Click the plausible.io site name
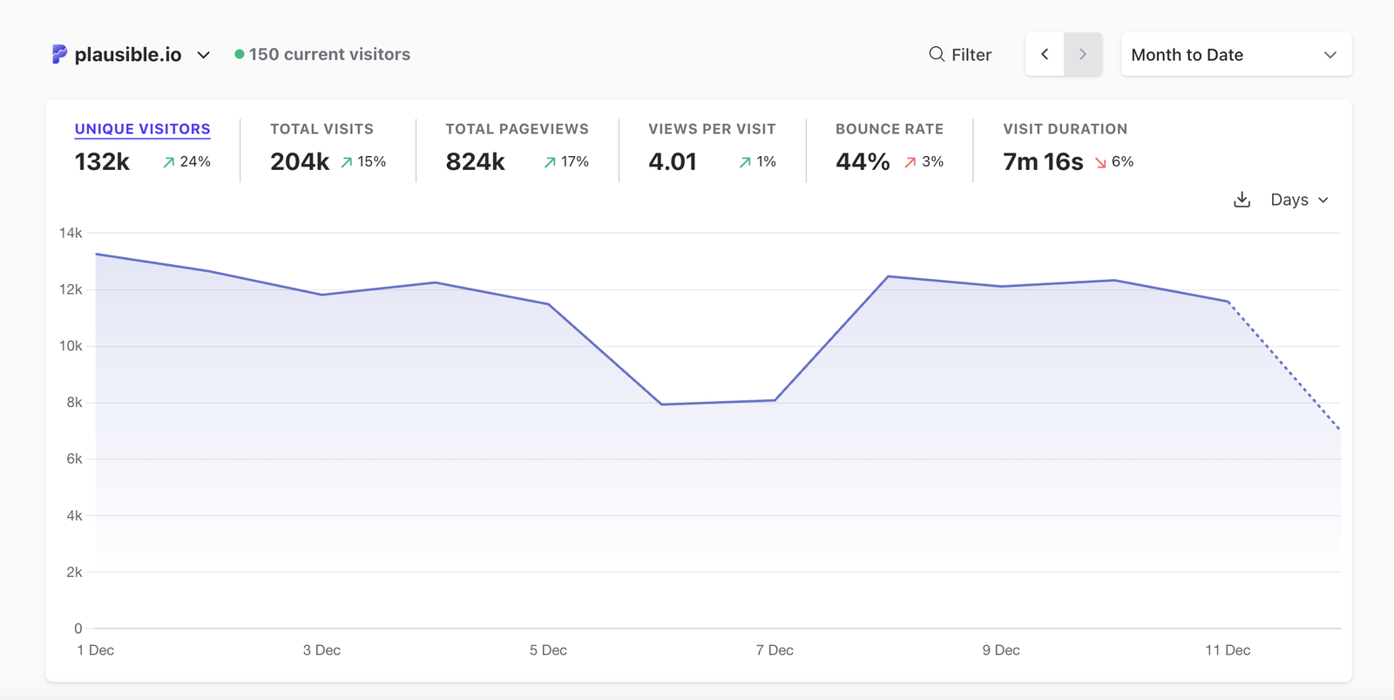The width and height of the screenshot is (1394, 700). pos(127,55)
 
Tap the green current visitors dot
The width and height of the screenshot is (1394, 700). pos(239,54)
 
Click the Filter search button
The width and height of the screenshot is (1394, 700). pos(959,55)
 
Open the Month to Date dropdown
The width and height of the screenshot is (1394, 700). pos(1235,55)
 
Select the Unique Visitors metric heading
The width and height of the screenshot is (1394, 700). pos(142,129)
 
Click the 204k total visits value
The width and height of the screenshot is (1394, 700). pos(300,162)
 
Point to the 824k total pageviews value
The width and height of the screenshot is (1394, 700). pos(475,162)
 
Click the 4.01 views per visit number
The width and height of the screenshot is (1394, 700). pos(672,162)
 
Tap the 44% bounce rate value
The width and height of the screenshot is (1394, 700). pos(862,162)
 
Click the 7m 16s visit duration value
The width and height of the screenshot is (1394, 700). pos(1042,162)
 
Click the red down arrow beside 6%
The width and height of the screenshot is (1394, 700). pos(1100,163)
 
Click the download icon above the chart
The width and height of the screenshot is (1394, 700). pos(1242,200)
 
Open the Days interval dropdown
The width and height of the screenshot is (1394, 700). pos(1299,200)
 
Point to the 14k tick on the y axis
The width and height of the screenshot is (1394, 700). pos(71,233)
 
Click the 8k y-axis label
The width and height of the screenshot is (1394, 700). pos(74,403)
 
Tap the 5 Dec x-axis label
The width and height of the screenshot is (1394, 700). pos(548,650)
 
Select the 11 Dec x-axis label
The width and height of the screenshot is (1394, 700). pos(1228,650)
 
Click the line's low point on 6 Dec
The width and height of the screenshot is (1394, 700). pos(661,404)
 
